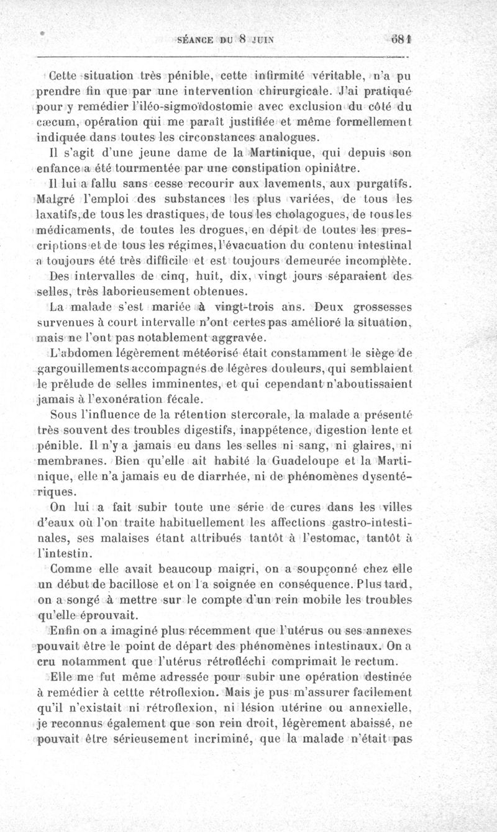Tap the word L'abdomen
pyautogui.click(x=76, y=355)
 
